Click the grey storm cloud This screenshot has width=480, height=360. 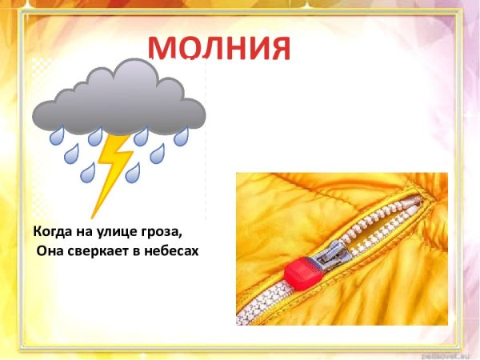pos(120,100)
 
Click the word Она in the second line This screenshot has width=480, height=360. pos(51,251)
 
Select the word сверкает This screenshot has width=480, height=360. pos(100,251)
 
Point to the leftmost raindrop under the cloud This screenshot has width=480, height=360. pos(57,137)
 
